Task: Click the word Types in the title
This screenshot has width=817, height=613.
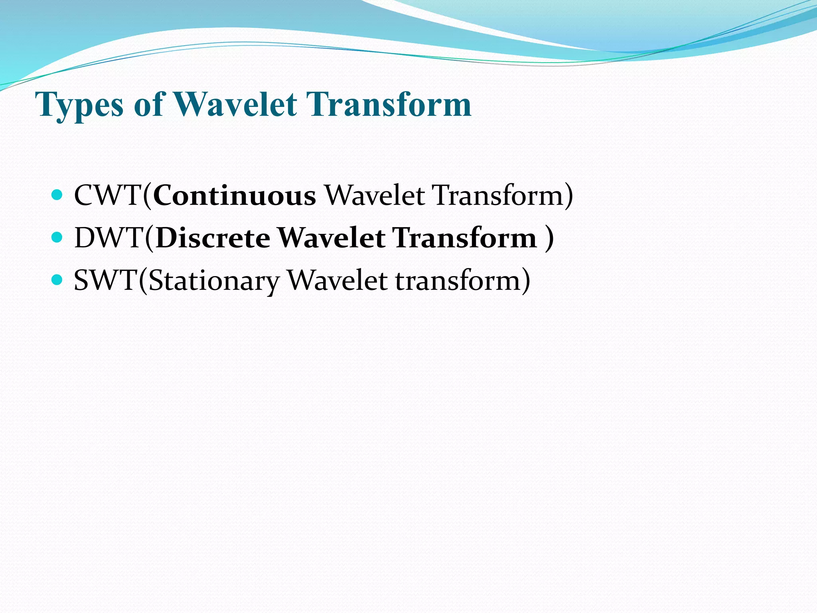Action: [x=79, y=105]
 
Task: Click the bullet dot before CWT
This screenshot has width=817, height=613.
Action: [x=57, y=195]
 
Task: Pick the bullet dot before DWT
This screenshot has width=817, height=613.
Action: [x=57, y=237]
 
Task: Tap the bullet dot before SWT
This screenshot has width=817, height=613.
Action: [x=57, y=280]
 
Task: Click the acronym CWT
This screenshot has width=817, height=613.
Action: [x=108, y=196]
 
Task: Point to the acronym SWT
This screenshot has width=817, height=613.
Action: [x=106, y=280]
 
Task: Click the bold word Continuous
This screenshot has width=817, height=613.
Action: [x=234, y=196]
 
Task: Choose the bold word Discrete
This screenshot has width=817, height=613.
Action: [x=213, y=238]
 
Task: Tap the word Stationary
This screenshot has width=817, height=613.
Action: [x=213, y=281]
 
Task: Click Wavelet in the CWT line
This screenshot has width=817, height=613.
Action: [x=375, y=196]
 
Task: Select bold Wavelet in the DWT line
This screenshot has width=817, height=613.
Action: [x=331, y=238]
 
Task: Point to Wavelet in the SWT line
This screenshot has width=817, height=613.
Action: [x=337, y=280]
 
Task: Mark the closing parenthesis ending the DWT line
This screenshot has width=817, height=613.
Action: [x=549, y=238]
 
